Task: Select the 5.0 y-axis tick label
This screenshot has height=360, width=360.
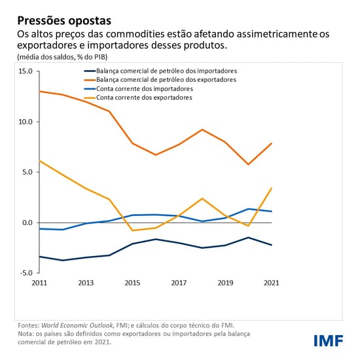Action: point(27,172)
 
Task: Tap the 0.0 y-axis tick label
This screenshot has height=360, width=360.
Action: point(27,223)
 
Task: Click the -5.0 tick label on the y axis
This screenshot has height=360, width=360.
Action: point(26,273)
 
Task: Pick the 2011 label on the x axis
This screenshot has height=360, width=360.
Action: point(40,283)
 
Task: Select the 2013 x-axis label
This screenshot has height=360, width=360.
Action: point(86,283)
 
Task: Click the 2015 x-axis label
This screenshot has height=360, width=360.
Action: point(133,283)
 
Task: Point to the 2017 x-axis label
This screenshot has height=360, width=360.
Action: point(179,283)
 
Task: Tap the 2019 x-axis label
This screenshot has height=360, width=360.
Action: point(225,283)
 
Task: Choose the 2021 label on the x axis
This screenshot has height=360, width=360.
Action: point(272,283)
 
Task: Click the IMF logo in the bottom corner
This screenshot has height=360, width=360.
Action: point(329,340)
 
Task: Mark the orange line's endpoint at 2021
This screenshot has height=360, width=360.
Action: point(272,143)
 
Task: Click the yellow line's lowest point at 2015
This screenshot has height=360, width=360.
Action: point(133,230)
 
